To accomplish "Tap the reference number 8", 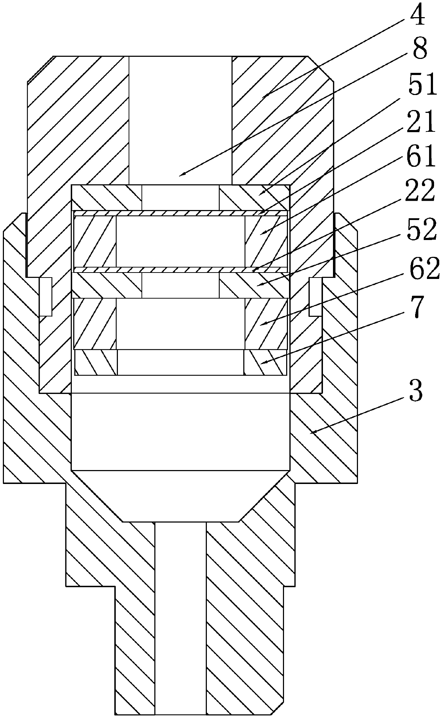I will [x=419, y=50].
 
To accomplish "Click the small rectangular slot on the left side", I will [x=46, y=296].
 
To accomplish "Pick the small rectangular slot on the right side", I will [x=315, y=296].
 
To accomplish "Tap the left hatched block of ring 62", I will [x=95, y=324].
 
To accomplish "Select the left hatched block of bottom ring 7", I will [x=96, y=362].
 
